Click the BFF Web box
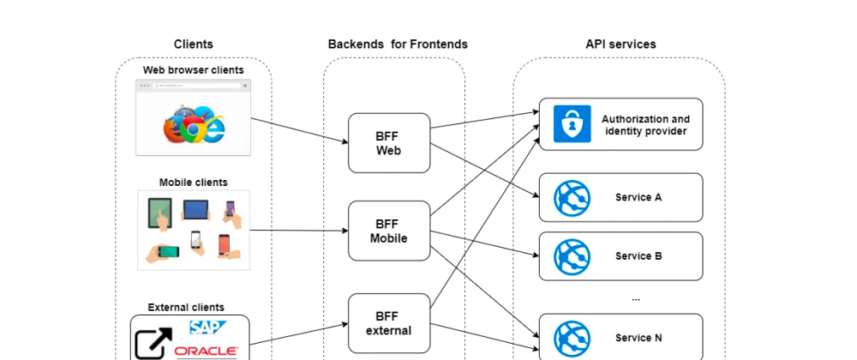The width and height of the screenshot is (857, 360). click(389, 143)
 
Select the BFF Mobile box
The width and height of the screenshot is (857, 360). click(389, 231)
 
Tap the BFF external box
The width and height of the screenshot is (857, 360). click(389, 323)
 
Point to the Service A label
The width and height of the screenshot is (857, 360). click(638, 197)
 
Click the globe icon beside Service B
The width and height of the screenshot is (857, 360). click(572, 256)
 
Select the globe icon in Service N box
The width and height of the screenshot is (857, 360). click(572, 338)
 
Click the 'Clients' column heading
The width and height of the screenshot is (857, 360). click(194, 44)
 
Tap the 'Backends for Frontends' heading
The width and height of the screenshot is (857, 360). click(398, 44)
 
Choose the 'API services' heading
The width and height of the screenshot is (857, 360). click(620, 44)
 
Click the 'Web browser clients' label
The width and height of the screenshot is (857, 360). click(194, 69)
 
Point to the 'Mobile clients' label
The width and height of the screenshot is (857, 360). click(194, 182)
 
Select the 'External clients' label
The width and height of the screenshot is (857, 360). click(186, 307)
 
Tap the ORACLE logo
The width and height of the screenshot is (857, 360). click(205, 351)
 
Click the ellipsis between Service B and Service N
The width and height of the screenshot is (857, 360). click(635, 298)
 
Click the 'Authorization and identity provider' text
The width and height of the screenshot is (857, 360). click(645, 125)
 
